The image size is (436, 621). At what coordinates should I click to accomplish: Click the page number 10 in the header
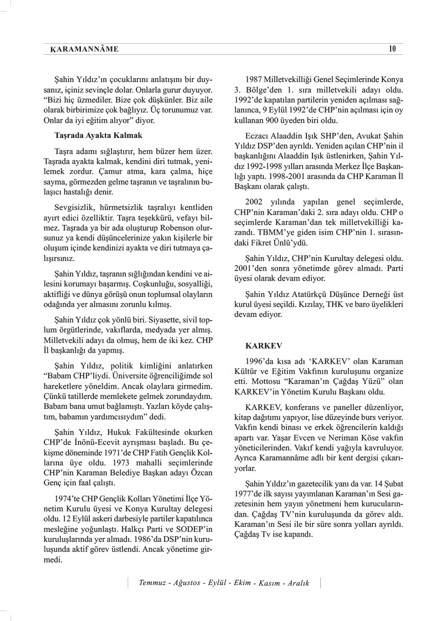[x=392, y=49]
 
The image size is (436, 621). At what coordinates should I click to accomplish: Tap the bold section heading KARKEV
[x=259, y=344]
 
